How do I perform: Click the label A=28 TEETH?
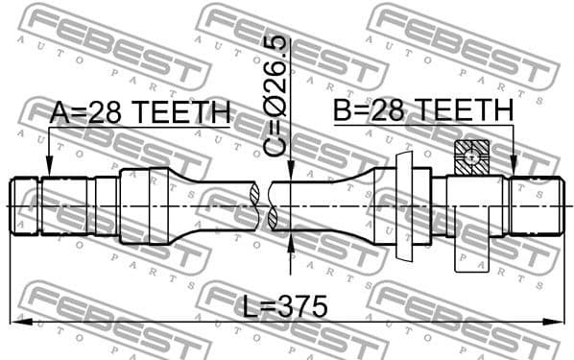point(140,113)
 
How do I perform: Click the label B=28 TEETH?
point(423,111)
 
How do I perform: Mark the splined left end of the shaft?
point(26,205)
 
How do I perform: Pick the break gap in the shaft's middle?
point(264,205)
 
